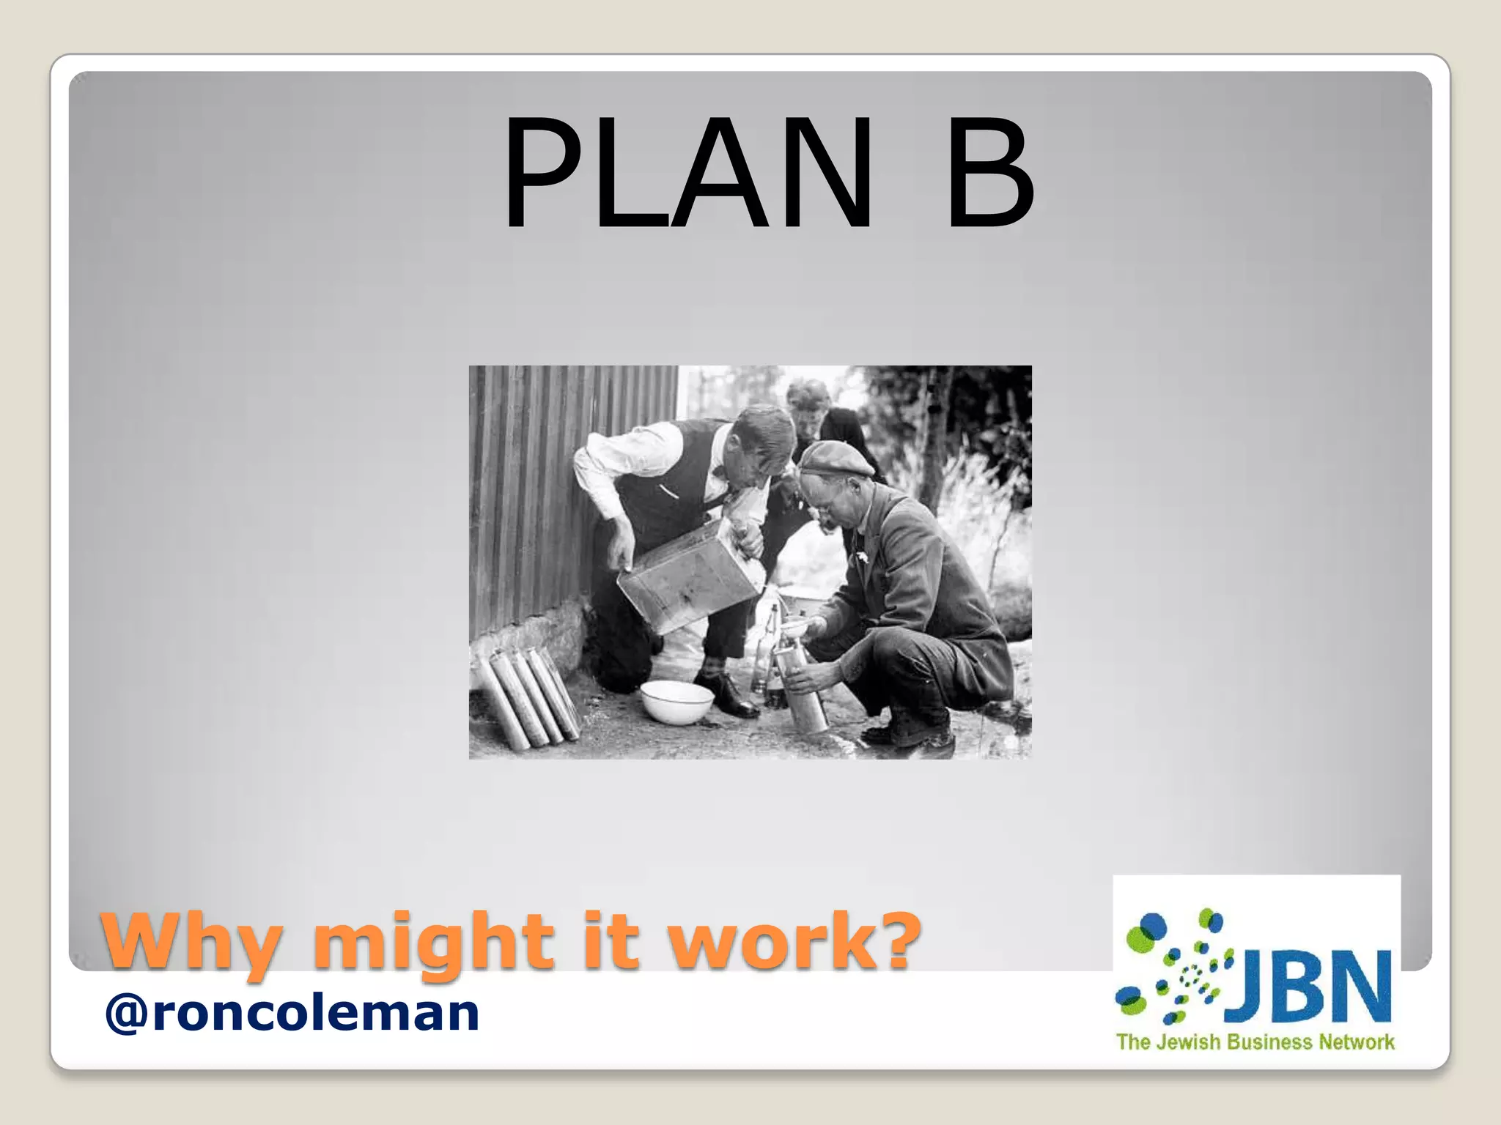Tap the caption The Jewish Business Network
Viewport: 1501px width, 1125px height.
coord(1255,1042)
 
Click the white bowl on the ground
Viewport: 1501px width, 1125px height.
coord(676,701)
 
